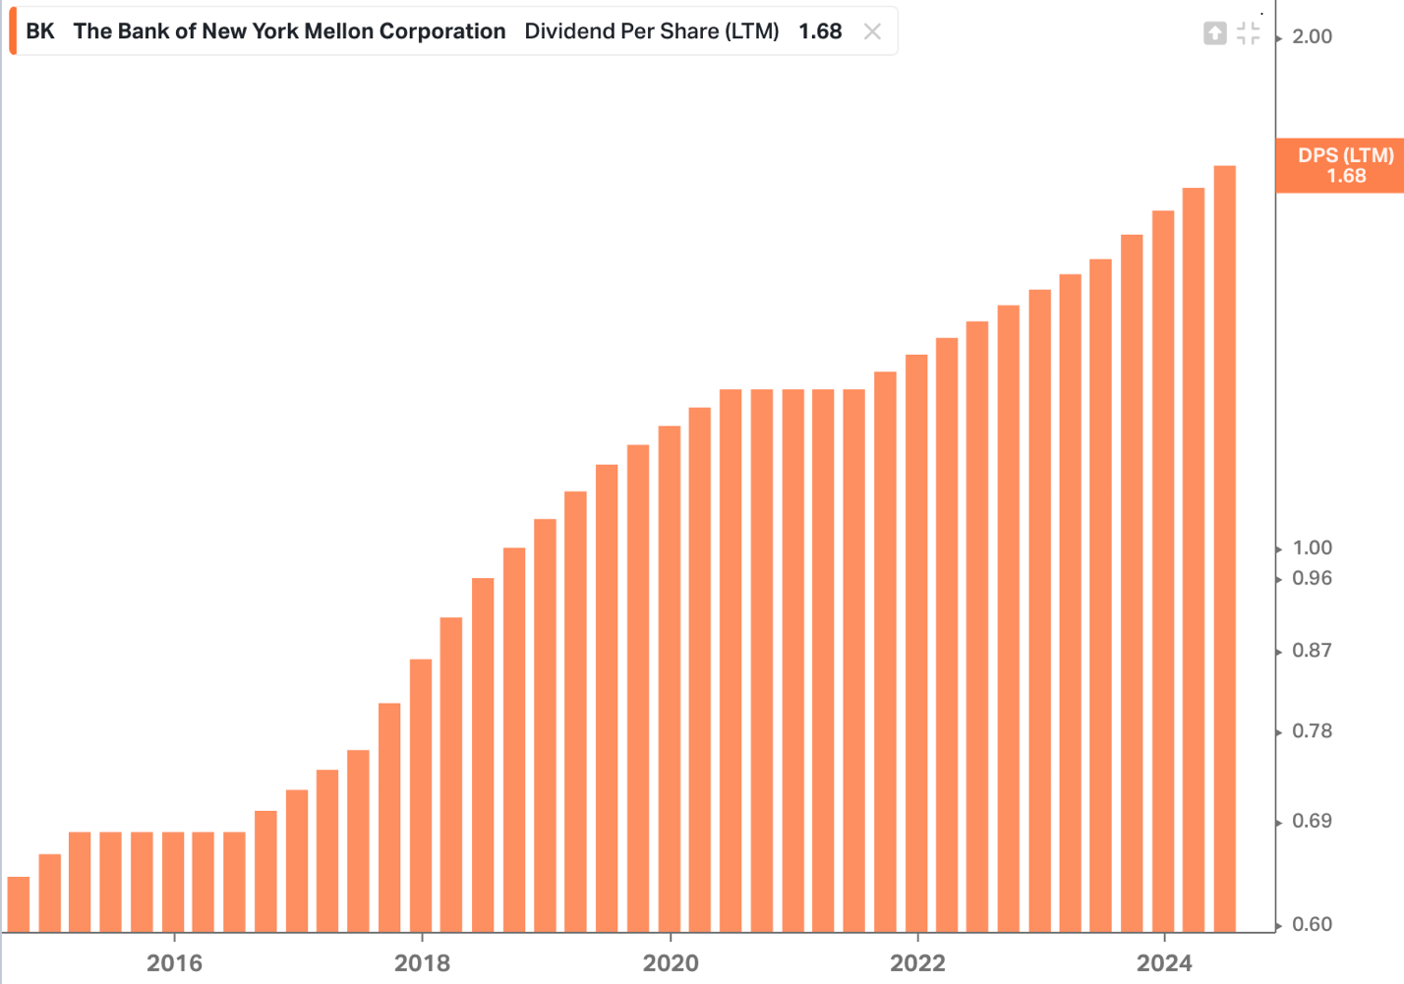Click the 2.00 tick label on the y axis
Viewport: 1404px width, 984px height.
(x=1312, y=37)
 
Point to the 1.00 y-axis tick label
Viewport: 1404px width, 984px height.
(x=1312, y=549)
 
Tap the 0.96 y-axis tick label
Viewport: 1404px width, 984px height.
(x=1312, y=579)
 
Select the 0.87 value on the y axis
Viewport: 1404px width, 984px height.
(x=1312, y=651)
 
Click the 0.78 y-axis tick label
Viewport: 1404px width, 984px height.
(x=1312, y=731)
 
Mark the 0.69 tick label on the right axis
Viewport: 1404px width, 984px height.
(x=1312, y=822)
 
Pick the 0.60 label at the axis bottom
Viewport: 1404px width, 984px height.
(x=1312, y=925)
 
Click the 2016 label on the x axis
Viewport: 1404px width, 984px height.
(x=174, y=963)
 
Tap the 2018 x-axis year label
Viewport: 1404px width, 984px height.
(x=422, y=963)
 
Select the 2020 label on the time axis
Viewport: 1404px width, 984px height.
(x=671, y=963)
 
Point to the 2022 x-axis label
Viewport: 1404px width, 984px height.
(x=917, y=963)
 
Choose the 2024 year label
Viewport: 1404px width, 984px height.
(x=1164, y=963)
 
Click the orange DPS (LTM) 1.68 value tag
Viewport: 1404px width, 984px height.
(x=1344, y=166)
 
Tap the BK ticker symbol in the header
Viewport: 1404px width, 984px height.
(x=40, y=31)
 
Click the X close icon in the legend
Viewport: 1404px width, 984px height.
(x=872, y=31)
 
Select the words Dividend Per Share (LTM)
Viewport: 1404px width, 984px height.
(x=651, y=31)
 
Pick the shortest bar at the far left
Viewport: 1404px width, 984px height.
(x=19, y=904)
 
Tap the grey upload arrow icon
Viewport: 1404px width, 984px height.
(x=1215, y=33)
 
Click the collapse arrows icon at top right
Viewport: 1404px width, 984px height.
(x=1249, y=33)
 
